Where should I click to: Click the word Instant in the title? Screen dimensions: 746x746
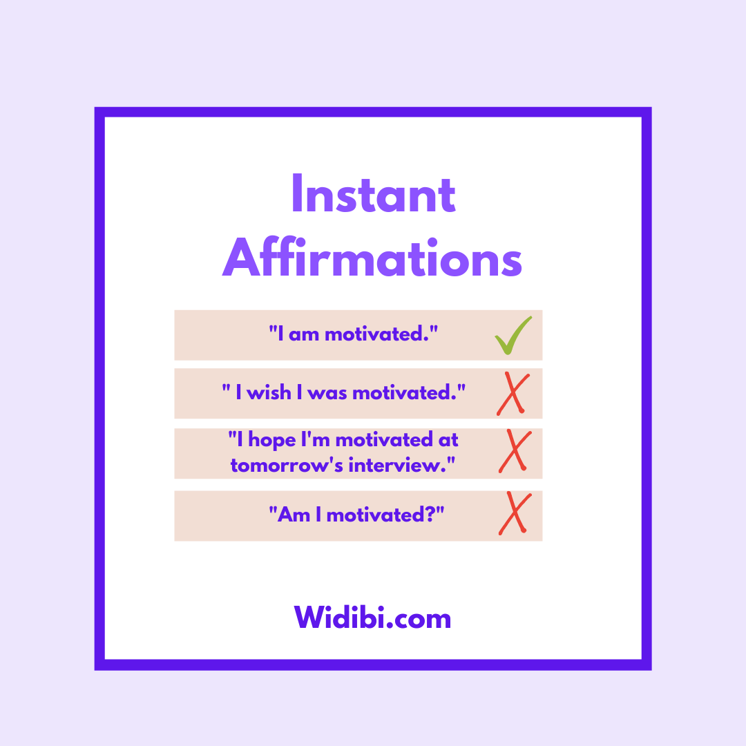pyautogui.click(x=374, y=193)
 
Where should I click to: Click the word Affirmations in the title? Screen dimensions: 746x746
pyautogui.click(x=372, y=258)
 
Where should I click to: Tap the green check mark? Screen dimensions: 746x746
pyautogui.click(x=513, y=336)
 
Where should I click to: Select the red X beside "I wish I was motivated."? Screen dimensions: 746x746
pyautogui.click(x=513, y=394)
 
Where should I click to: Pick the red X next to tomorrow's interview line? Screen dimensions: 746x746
pyautogui.click(x=515, y=451)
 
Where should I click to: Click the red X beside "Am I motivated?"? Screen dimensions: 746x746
pyautogui.click(x=515, y=513)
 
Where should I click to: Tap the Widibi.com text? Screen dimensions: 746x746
pyautogui.click(x=372, y=618)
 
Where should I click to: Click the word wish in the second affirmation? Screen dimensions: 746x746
pyautogui.click(x=269, y=393)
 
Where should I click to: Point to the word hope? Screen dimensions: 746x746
pyautogui.click(x=272, y=441)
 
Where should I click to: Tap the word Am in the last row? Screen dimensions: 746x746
pyautogui.click(x=294, y=515)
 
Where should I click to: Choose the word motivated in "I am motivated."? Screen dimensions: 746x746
pyautogui.click(x=374, y=334)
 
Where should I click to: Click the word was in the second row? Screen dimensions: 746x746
pyautogui.click(x=327, y=394)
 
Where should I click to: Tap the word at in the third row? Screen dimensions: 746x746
pyautogui.click(x=448, y=440)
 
